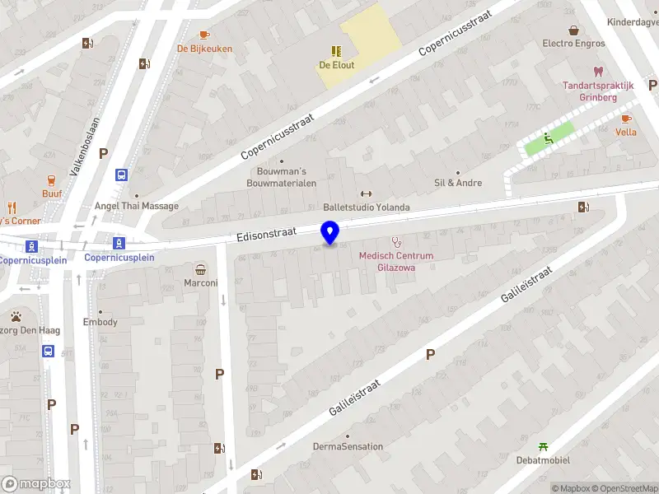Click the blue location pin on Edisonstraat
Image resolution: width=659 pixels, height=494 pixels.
[330, 233]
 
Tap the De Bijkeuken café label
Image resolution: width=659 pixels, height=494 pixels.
[204, 49]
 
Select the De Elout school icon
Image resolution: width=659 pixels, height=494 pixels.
[337, 51]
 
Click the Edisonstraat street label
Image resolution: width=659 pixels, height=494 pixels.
[265, 235]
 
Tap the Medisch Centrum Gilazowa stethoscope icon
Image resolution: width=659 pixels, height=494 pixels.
[396, 242]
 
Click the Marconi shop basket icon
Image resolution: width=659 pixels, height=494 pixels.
[200, 269]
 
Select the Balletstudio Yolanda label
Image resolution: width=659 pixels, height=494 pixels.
[366, 207]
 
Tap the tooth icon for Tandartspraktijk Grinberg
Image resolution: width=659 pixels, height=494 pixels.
[599, 72]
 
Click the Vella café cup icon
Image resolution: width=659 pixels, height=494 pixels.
[626, 119]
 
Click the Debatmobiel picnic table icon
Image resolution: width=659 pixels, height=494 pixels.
[543, 446]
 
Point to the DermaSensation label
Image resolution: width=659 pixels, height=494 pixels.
[348, 446]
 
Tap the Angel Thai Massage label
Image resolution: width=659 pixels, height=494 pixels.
[137, 206]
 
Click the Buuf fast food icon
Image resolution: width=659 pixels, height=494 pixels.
[52, 180]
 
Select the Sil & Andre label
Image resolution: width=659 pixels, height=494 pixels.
[458, 183]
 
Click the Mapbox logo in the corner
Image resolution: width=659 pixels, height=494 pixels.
[35, 483]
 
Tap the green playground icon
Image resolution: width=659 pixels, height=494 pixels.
[549, 138]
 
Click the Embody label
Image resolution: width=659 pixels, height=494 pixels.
[101, 322]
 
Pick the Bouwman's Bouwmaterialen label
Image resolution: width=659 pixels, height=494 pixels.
[281, 177]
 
